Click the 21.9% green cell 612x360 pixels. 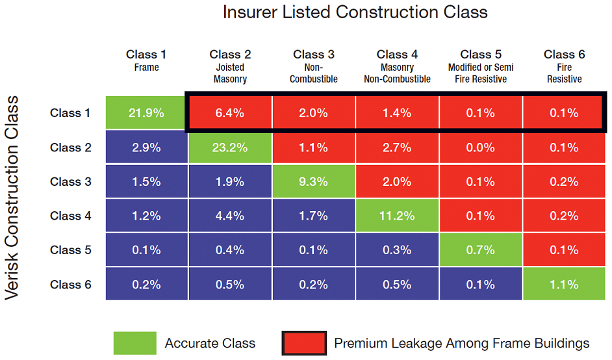(x=146, y=113)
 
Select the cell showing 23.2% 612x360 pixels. (x=230, y=148)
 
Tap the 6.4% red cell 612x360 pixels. (x=230, y=113)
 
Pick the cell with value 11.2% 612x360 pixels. (x=397, y=216)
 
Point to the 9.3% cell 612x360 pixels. (x=314, y=182)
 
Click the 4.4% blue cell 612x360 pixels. (x=230, y=216)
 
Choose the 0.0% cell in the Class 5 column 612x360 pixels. (x=481, y=148)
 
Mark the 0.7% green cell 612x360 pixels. (x=481, y=250)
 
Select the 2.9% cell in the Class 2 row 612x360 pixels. (x=146, y=148)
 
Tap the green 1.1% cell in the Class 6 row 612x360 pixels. (x=564, y=285)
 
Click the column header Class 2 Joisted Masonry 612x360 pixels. (x=230, y=66)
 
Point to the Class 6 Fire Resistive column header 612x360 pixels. (x=564, y=66)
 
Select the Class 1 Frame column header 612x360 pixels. (x=146, y=60)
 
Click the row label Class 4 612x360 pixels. (x=70, y=216)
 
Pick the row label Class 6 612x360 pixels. (x=70, y=285)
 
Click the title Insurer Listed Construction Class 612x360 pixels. (x=355, y=12)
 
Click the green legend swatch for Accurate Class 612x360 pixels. (x=134, y=343)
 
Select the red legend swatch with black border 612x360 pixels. (x=304, y=343)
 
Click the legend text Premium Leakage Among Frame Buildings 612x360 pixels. (x=461, y=343)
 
